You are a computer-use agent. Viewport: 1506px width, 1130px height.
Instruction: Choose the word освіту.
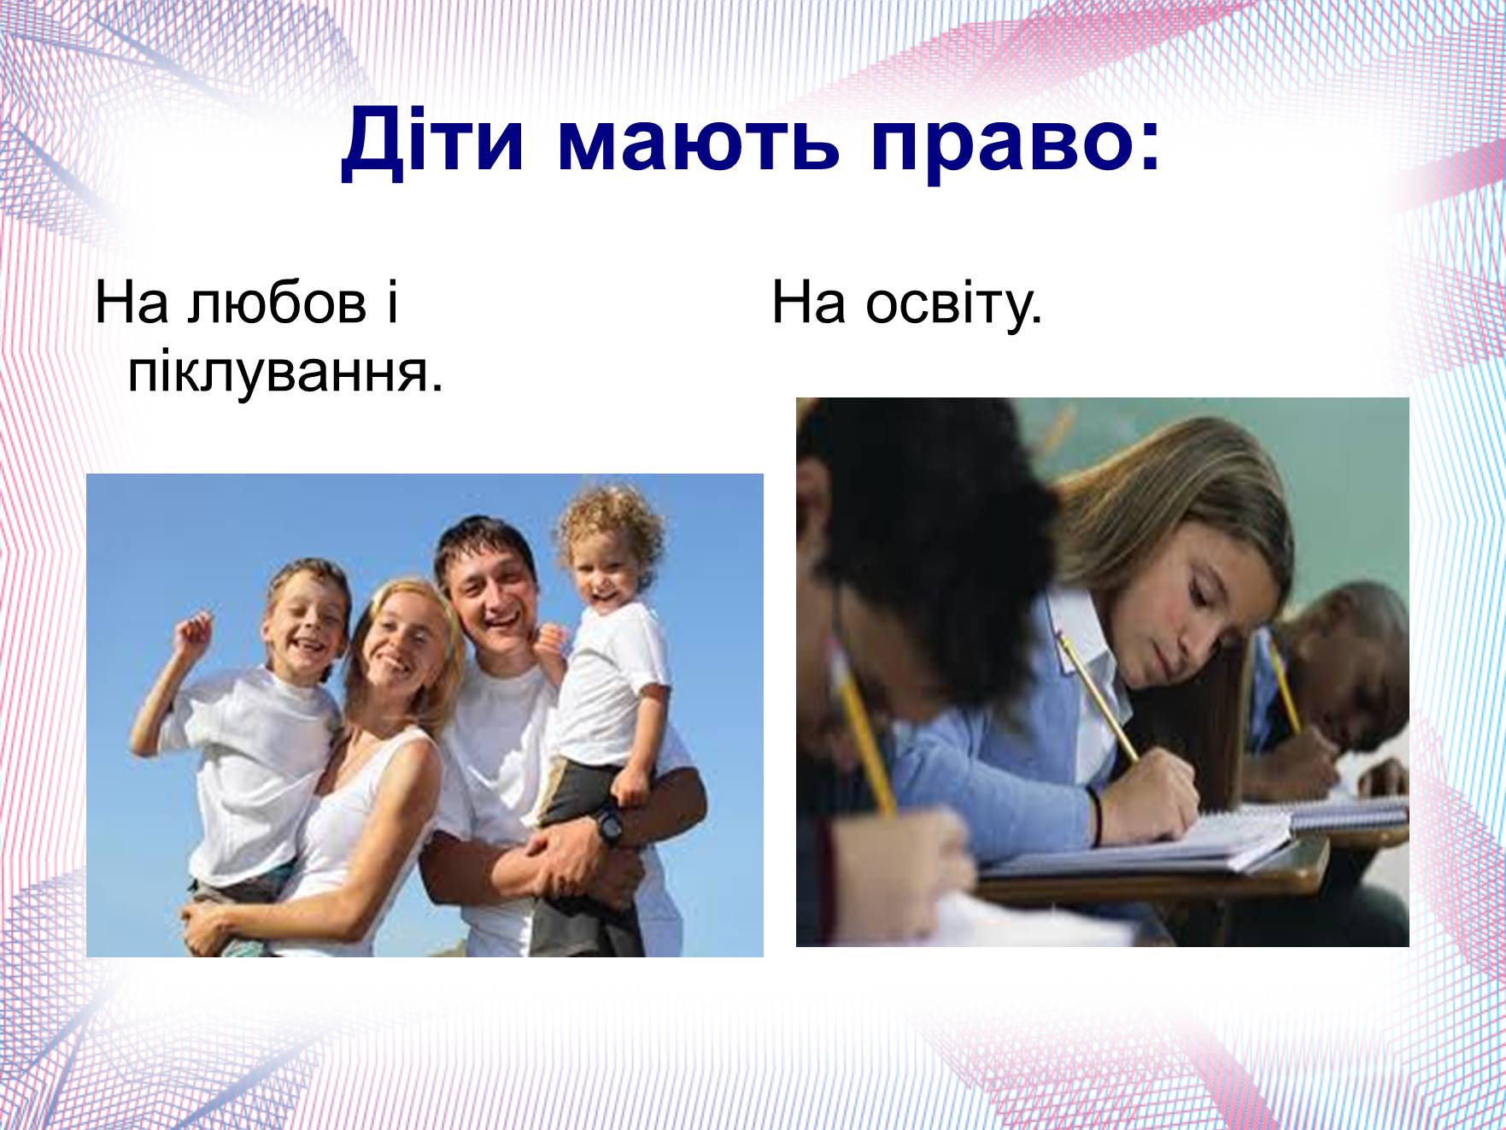pyautogui.click(x=954, y=303)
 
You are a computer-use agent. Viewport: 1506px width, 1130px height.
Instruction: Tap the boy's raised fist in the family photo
pyautogui.click(x=194, y=632)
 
